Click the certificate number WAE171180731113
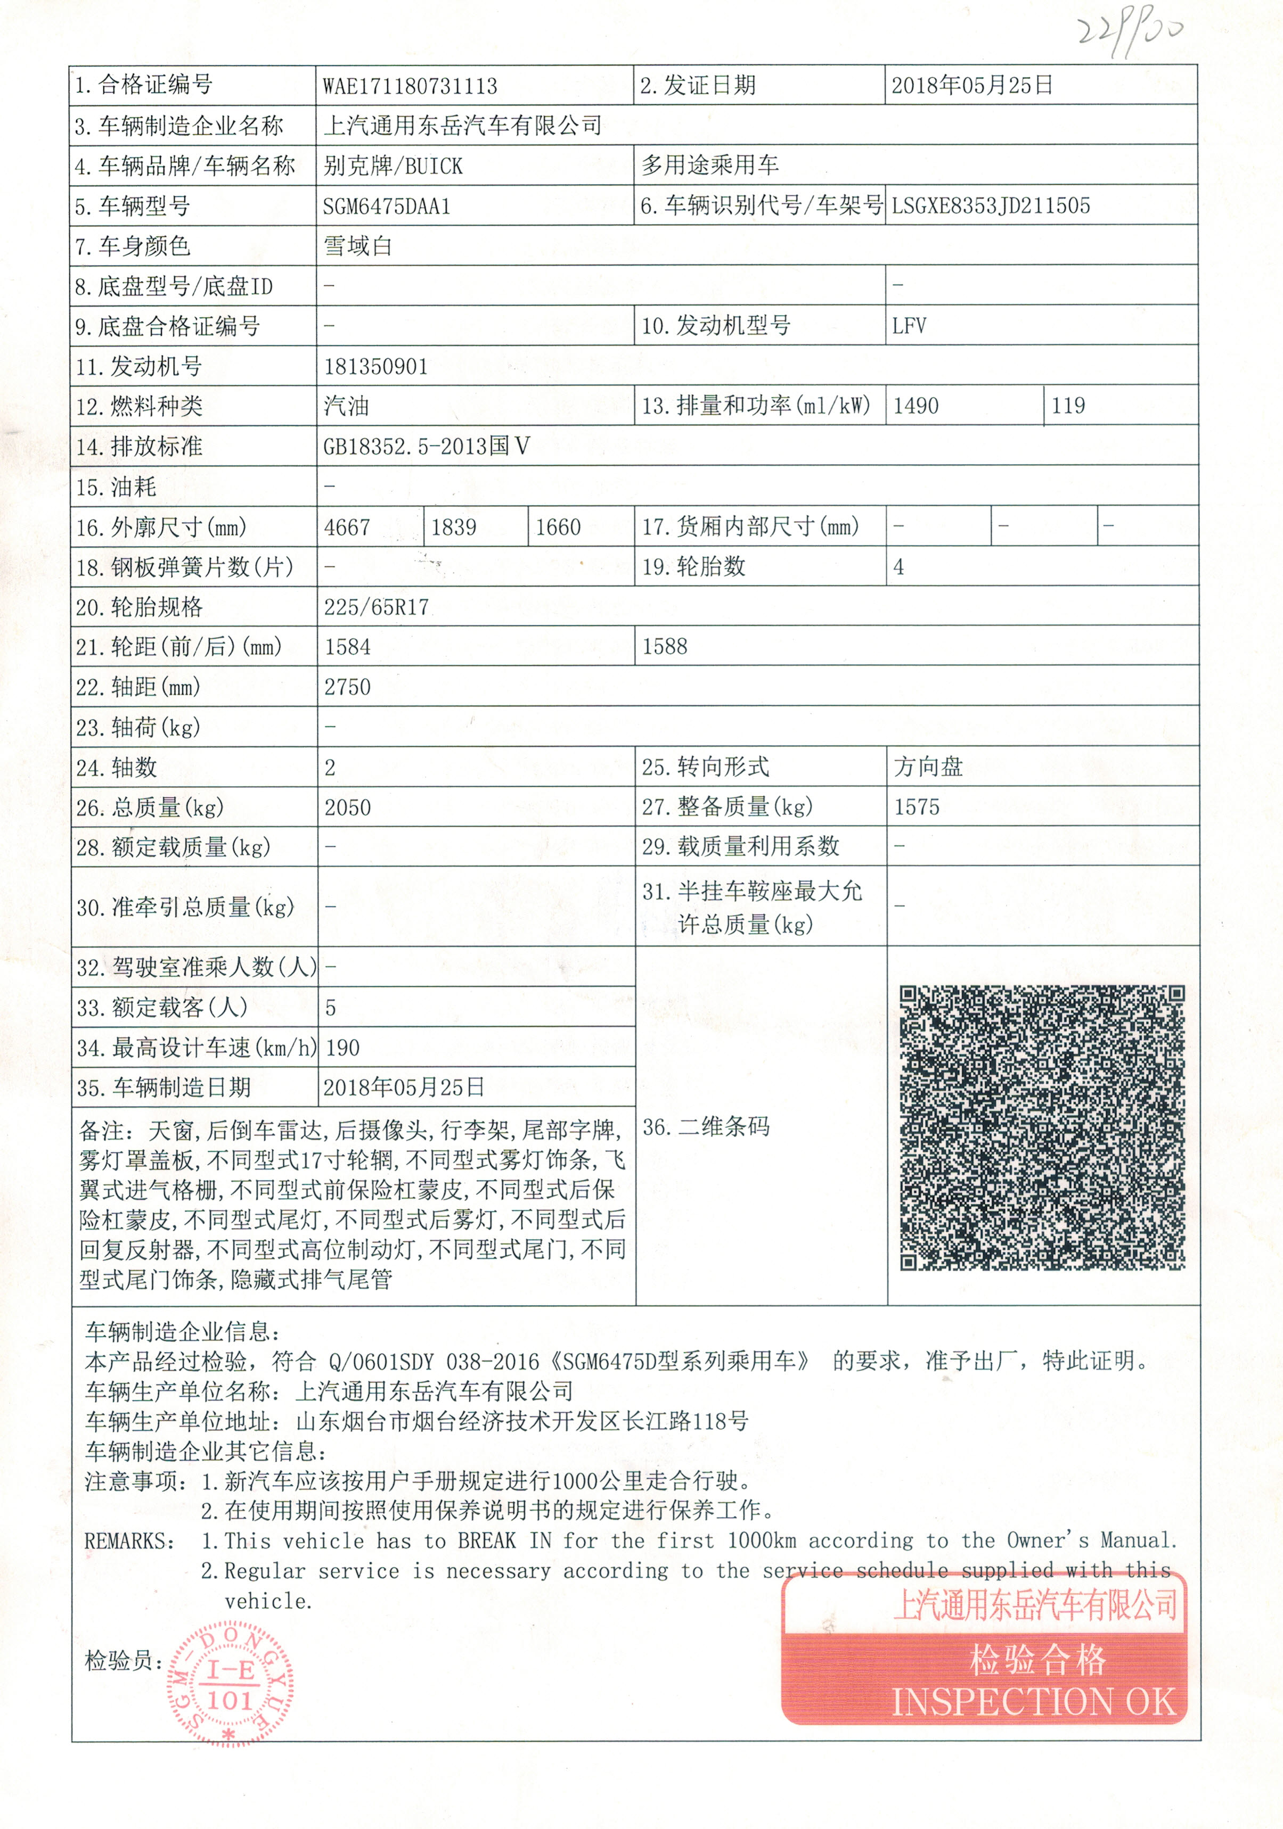click(x=410, y=86)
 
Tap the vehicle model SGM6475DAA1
click(x=387, y=207)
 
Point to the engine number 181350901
click(x=375, y=367)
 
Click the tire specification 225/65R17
click(x=376, y=608)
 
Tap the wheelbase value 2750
click(x=347, y=687)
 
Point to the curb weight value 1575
click(x=917, y=808)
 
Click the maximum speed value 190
click(x=342, y=1048)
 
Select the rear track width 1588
click(x=665, y=647)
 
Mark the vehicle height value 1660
click(x=558, y=528)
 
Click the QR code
click(x=1042, y=1127)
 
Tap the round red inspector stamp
click(x=230, y=1684)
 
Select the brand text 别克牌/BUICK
click(x=393, y=167)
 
